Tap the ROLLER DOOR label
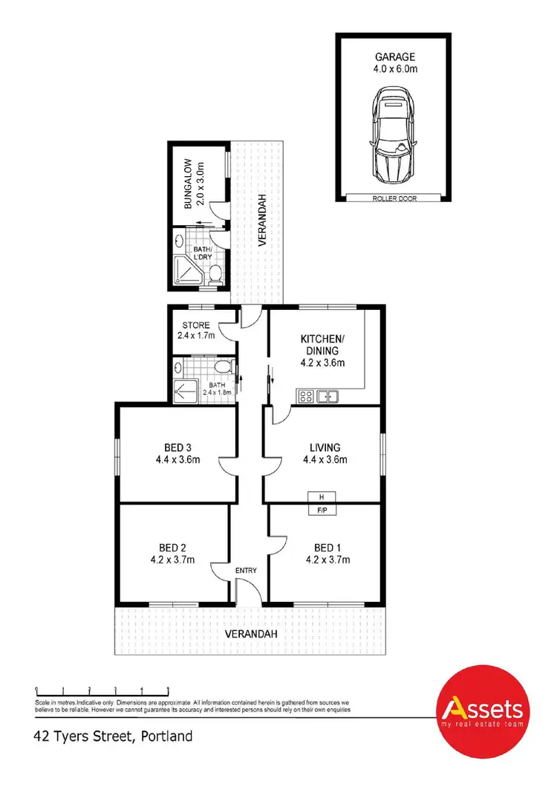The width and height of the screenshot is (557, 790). [x=394, y=198]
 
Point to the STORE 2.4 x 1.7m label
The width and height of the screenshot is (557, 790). [x=195, y=331]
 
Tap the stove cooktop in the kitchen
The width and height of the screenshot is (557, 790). [x=304, y=396]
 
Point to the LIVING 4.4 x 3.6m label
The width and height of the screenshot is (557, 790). [x=325, y=453]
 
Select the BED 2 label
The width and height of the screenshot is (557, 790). [x=171, y=553]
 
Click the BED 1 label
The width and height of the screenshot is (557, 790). [x=325, y=553]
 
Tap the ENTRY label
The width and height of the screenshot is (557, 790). [x=246, y=571]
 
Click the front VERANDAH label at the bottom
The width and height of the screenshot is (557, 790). [x=250, y=634]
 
